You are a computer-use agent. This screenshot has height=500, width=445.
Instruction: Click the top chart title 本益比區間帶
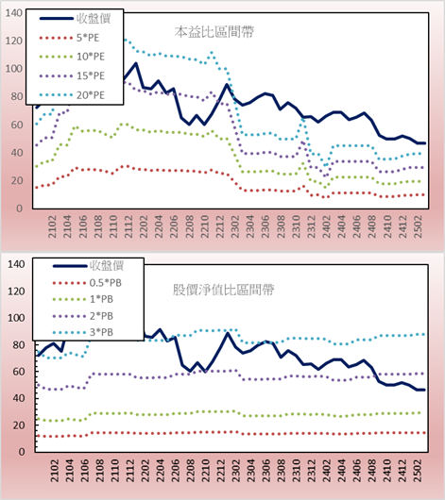click(214, 32)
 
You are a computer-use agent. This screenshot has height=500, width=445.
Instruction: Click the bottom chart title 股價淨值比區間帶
click(223, 290)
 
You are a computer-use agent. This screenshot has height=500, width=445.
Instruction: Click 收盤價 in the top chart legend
click(94, 19)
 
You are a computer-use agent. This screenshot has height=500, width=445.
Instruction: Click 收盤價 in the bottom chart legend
click(107, 265)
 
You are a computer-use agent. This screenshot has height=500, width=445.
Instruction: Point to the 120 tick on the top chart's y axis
click(14, 41)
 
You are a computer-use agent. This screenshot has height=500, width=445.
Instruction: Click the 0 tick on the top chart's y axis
click(19, 208)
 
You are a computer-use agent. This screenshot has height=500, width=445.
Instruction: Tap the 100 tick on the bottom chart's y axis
click(16, 318)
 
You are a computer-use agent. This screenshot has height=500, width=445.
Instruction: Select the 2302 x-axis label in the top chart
click(235, 226)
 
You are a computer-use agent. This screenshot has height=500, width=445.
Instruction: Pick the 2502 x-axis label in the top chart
click(419, 226)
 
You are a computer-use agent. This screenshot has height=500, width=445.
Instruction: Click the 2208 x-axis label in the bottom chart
click(191, 471)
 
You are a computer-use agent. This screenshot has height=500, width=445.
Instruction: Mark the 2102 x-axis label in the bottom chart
click(54, 471)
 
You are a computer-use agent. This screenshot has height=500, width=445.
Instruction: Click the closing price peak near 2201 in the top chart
click(136, 63)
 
